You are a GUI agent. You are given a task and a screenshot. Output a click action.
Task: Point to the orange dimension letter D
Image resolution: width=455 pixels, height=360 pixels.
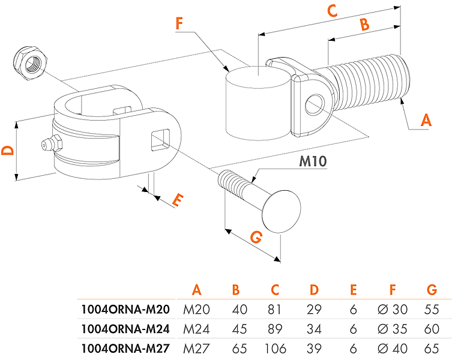(x=7, y=150)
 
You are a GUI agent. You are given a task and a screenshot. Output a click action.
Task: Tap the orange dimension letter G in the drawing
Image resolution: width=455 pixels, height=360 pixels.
(x=256, y=238)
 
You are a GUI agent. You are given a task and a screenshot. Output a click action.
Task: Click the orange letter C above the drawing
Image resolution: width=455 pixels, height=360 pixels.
(x=333, y=11)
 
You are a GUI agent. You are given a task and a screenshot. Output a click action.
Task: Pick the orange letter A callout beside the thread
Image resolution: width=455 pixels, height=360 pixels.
(x=426, y=120)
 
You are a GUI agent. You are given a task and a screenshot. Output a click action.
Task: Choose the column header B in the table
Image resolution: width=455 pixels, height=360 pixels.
(x=236, y=290)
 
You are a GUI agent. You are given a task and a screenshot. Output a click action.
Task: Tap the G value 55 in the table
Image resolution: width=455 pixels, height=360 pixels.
(x=431, y=310)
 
